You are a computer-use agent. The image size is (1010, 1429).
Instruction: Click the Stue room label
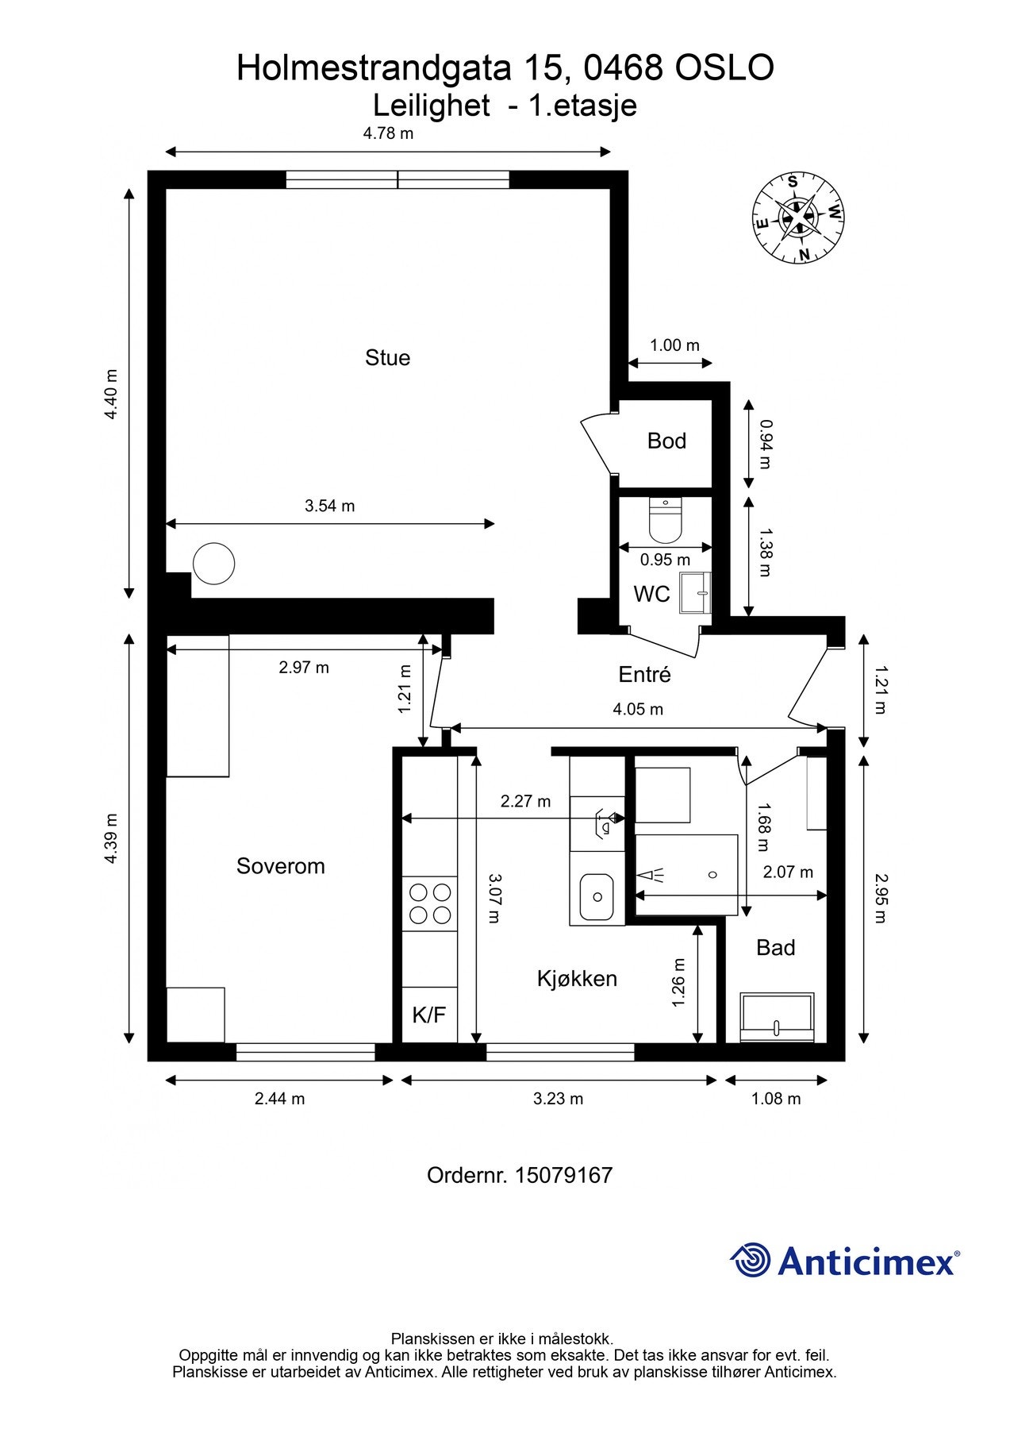click(387, 357)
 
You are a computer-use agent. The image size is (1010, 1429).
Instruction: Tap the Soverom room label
click(281, 865)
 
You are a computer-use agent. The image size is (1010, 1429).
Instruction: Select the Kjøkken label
click(577, 978)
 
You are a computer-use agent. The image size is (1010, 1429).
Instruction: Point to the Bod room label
click(666, 441)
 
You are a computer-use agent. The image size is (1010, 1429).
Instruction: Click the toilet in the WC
click(665, 518)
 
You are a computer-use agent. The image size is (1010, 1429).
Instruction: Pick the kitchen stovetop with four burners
click(429, 903)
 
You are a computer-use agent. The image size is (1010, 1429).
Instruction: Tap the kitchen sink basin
click(596, 897)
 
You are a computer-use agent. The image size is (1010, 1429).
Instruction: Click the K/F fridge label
click(429, 1014)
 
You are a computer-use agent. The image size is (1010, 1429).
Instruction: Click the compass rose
click(798, 217)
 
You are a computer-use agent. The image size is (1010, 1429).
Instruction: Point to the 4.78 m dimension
click(388, 133)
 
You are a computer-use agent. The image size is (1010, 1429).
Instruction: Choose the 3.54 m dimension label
click(330, 506)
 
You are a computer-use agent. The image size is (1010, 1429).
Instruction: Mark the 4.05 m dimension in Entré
click(638, 709)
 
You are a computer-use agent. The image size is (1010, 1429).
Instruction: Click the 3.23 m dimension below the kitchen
click(558, 1099)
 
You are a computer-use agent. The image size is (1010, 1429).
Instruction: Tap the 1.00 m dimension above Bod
click(675, 345)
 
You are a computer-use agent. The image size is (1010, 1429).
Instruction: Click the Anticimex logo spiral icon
click(751, 1260)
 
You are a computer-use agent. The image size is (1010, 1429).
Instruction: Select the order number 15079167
click(563, 1175)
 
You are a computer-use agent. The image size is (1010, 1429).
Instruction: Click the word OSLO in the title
click(724, 68)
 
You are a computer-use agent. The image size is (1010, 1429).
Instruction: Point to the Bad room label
click(775, 947)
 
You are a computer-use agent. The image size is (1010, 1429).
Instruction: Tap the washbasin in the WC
click(695, 592)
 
